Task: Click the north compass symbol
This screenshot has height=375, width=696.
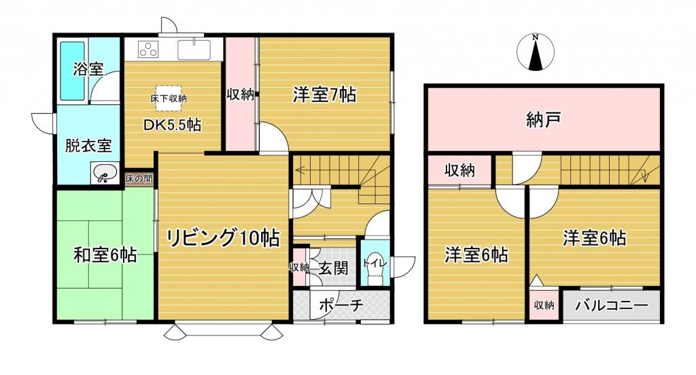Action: coord(536,52)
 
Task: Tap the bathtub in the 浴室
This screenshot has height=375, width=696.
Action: coord(72,71)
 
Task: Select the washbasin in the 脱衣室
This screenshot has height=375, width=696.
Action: coord(104,172)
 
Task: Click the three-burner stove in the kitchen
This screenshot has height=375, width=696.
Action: coord(148,49)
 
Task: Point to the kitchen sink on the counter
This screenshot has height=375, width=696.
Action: coord(194,49)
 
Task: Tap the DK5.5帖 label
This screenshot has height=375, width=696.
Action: coord(172,125)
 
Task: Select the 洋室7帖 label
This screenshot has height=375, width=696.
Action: coord(324,95)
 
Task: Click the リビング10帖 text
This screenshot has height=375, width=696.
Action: coord(223,238)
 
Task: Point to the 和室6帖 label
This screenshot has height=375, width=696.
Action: coord(105,255)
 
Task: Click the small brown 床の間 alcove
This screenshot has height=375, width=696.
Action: coord(139,178)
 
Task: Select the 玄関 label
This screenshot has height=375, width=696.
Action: coord(333,268)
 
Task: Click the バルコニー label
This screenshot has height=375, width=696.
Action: coord(612,306)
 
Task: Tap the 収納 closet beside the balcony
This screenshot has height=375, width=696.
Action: coord(544,305)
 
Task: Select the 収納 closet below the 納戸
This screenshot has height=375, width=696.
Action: coord(460,169)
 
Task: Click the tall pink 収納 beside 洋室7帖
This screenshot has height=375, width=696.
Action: coord(241,94)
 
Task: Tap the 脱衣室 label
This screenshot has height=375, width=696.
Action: coord(88,145)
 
